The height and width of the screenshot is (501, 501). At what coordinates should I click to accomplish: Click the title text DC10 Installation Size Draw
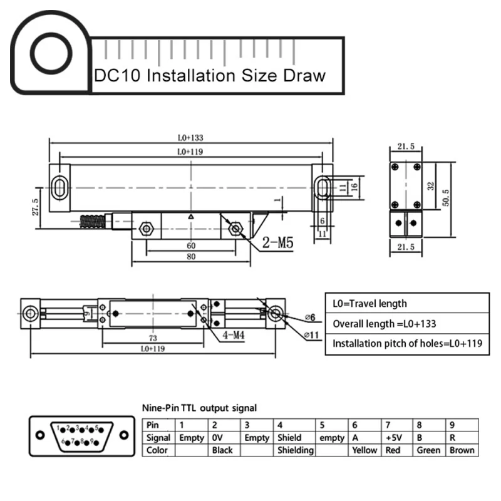(210, 76)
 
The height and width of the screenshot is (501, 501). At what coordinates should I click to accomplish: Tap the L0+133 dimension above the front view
(190, 137)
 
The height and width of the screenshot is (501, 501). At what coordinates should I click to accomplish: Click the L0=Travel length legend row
(369, 304)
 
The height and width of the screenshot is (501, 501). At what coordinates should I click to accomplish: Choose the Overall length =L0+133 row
(384, 324)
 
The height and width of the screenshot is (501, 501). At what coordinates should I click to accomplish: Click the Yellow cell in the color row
(364, 450)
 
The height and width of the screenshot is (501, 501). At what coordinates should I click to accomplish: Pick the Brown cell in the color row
(462, 450)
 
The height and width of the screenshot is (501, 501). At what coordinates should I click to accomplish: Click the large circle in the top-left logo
(53, 53)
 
